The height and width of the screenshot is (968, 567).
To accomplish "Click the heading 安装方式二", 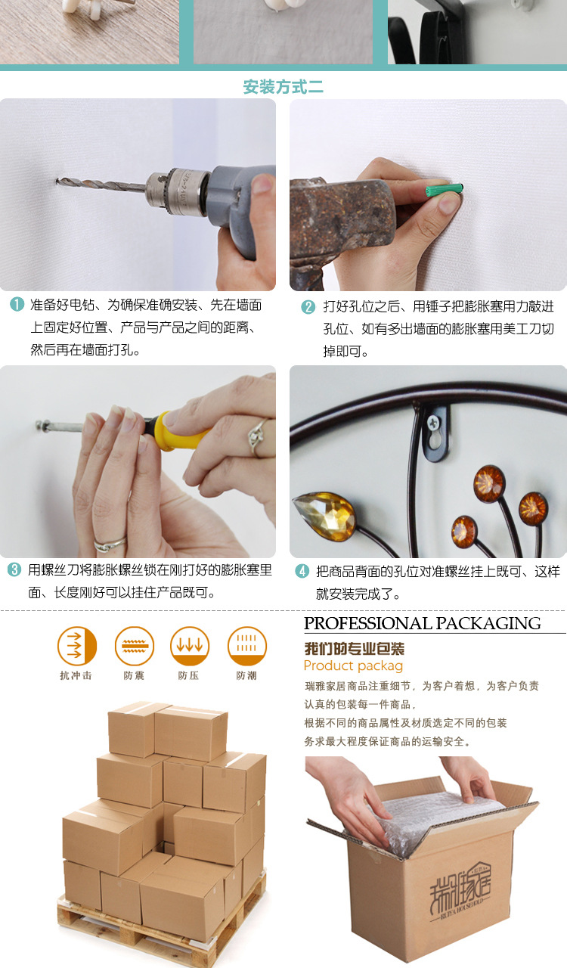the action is (283, 87).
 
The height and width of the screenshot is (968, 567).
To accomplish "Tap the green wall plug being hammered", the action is (445, 190).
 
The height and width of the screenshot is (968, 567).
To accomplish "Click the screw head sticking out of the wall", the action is (41, 426).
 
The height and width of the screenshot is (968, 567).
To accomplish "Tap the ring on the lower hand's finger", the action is (110, 544).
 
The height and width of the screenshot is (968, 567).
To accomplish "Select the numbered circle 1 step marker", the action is (17, 304).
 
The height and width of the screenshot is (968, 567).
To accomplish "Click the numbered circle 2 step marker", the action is (308, 307).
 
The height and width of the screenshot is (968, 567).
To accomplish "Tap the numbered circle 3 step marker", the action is (14, 569).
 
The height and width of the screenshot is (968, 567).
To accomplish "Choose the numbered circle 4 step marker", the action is (302, 571).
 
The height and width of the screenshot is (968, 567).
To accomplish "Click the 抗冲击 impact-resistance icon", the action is (77, 646).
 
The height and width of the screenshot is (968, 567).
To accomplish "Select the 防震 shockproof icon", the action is (135, 646).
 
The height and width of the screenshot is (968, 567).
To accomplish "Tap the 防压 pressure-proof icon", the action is (190, 646).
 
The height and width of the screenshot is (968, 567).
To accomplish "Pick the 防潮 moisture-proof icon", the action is (247, 646).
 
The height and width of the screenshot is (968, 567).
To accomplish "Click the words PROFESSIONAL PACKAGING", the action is (422, 623).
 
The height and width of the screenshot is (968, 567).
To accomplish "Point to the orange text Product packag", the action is (353, 666).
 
